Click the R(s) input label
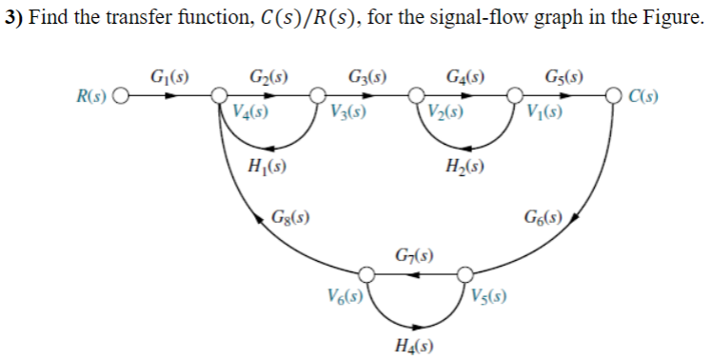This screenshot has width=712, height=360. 93,95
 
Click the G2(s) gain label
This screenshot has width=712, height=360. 268,75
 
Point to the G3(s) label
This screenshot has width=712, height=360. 366,75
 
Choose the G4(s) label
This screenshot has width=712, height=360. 465,75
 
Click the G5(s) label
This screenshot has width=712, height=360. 564,75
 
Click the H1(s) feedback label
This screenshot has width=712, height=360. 267,168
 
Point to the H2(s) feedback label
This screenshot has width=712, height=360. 465,168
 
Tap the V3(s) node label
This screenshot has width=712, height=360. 347,111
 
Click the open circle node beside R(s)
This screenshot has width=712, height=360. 121,95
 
